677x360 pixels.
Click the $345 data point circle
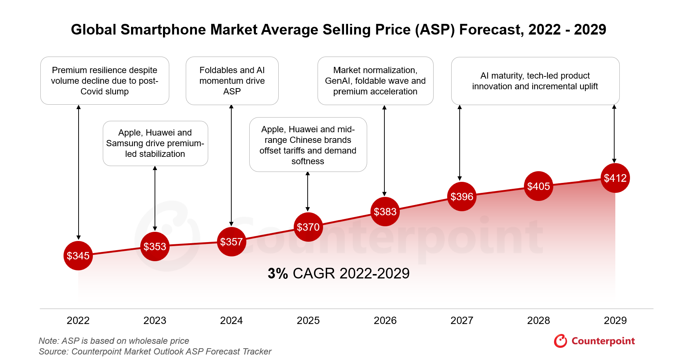pyautogui.click(x=78, y=256)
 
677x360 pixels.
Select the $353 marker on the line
pyautogui.click(x=155, y=246)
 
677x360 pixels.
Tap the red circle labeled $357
pyautogui.click(x=231, y=242)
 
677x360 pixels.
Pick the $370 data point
pyautogui.click(x=308, y=227)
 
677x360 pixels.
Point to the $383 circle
pyautogui.click(x=385, y=212)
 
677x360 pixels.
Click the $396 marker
pyautogui.click(x=462, y=197)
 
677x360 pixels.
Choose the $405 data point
pyautogui.click(x=539, y=186)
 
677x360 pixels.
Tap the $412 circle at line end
pyautogui.click(x=615, y=178)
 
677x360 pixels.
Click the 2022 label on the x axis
pyautogui.click(x=78, y=321)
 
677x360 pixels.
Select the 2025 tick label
pyautogui.click(x=308, y=321)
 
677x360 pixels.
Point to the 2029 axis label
pyautogui.click(x=615, y=321)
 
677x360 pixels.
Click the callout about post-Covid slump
pyautogui.click(x=105, y=81)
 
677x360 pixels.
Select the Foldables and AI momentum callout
pyautogui.click(x=232, y=81)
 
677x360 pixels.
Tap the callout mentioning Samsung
pyautogui.click(x=155, y=143)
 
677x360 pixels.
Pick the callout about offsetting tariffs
pyautogui.click(x=308, y=145)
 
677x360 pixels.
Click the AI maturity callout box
pyautogui.click(x=535, y=81)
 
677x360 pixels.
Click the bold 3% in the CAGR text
pyautogui.click(x=278, y=274)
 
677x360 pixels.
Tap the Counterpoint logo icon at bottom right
pyautogui.click(x=561, y=341)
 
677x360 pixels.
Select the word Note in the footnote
pyautogui.click(x=48, y=341)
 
